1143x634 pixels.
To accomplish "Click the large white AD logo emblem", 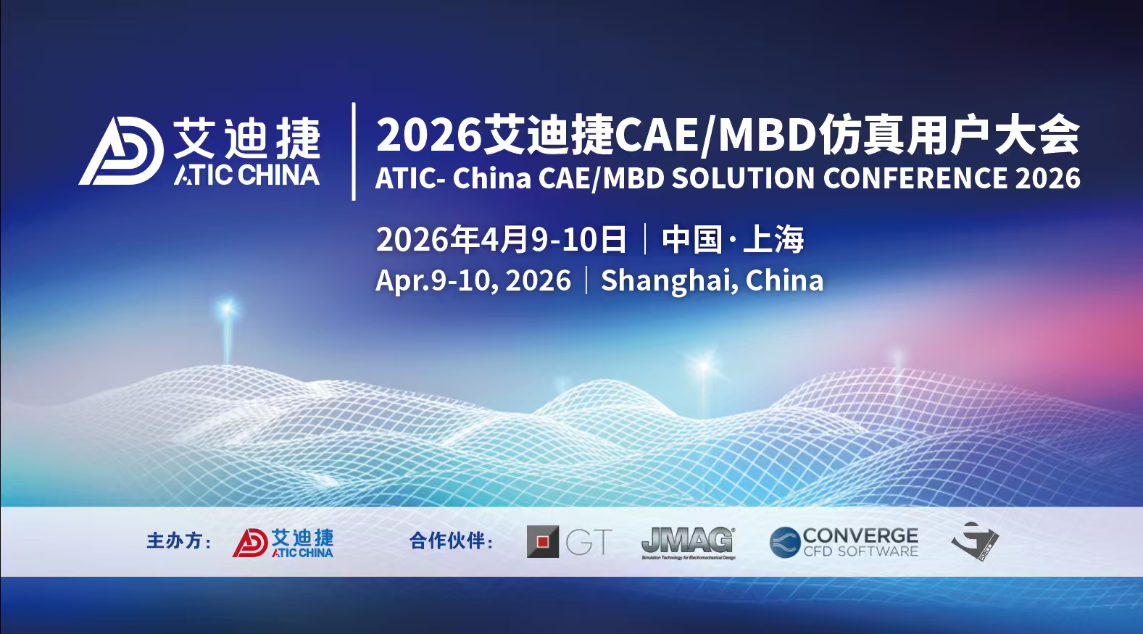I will (x=121, y=151).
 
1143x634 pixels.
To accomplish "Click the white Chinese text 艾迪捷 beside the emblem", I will (x=246, y=138).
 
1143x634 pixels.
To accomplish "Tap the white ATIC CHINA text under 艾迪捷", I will (x=246, y=175).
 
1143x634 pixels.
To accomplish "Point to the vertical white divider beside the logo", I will (x=354, y=151).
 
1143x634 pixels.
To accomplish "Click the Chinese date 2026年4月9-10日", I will (x=501, y=239).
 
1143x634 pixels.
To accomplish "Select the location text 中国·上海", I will (x=733, y=239).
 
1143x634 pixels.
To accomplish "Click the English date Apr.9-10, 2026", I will (x=473, y=280).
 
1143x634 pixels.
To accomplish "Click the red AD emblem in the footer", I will (x=250, y=542).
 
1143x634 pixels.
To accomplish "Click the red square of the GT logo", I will (x=543, y=541).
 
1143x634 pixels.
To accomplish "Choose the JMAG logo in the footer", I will (x=688, y=542).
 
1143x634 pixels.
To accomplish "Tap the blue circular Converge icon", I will (x=785, y=542).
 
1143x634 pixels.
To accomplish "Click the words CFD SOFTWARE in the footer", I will (x=860, y=551).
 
